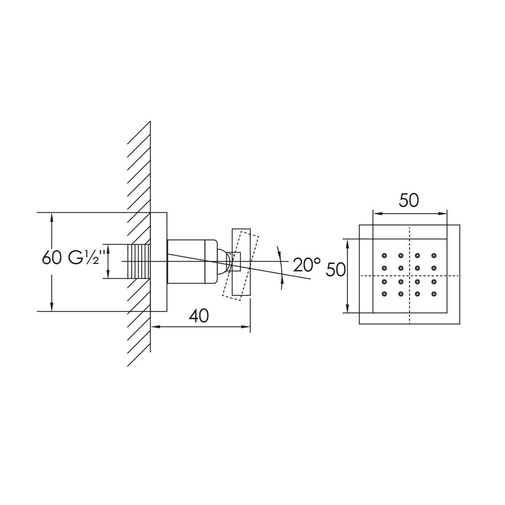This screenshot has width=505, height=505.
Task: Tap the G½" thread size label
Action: pos(84,258)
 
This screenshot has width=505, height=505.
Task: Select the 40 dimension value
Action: pos(199,316)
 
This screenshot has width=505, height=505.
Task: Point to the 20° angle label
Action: pos(306,265)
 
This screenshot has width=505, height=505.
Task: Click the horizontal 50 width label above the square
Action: pos(409,201)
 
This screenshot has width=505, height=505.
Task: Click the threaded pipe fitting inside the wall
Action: pos(138,261)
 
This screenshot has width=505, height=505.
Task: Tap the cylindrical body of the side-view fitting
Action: pos(187,261)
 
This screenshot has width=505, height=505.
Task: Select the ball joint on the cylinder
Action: pos(223,261)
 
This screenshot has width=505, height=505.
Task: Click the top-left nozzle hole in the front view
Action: pos(384,255)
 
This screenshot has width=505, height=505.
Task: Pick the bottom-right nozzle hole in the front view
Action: pos(434,294)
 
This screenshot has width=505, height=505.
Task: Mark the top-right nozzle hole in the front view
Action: pos(434,255)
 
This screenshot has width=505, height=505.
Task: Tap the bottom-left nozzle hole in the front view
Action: pos(384,294)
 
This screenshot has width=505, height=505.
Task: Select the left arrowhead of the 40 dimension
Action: pos(154,326)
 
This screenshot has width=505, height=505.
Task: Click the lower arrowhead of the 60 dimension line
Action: pos(52,307)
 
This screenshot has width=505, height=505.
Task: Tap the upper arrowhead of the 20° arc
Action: pos(278,251)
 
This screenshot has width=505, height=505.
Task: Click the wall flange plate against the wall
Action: pos(159,262)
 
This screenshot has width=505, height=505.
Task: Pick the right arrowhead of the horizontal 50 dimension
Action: pos(443,213)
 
